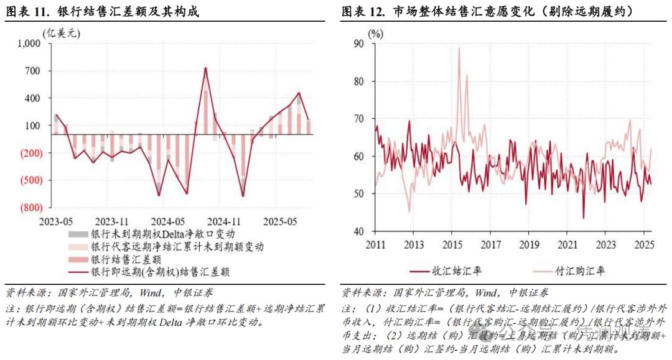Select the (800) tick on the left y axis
(29, 208)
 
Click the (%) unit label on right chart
(376, 34)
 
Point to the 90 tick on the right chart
(358, 44)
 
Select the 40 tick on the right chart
(358, 231)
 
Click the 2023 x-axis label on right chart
(605, 244)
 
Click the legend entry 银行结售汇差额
(126, 259)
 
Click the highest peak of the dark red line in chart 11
(206, 68)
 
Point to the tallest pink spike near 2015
(459, 48)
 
